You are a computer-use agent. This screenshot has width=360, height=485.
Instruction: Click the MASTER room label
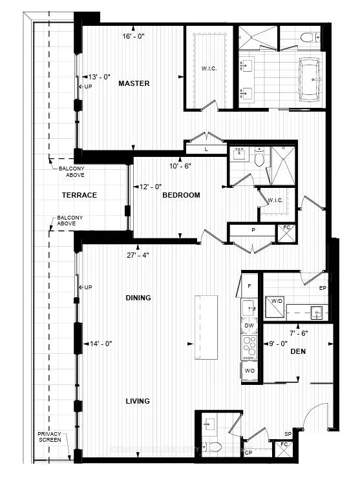coord(134,83)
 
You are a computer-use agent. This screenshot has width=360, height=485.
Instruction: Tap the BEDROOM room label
coord(181,195)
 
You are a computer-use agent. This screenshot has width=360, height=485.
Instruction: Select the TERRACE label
coord(79,195)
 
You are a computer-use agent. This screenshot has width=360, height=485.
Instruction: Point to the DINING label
coord(138,298)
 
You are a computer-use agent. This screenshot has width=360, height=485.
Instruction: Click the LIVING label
coord(138,401)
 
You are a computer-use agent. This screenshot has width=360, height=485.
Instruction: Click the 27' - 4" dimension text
coord(138,254)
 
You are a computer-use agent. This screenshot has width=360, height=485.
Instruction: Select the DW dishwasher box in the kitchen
coord(249,326)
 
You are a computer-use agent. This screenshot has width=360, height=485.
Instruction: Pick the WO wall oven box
coord(249,371)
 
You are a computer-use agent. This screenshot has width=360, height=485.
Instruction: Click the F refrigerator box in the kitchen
coord(249,285)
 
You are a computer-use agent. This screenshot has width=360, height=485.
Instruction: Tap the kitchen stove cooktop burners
coord(249,348)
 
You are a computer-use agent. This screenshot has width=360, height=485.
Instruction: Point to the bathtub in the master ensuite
coord(313,79)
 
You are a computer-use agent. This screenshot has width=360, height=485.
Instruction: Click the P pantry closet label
coord(253,231)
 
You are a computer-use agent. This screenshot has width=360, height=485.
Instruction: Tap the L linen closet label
coord(205,149)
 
